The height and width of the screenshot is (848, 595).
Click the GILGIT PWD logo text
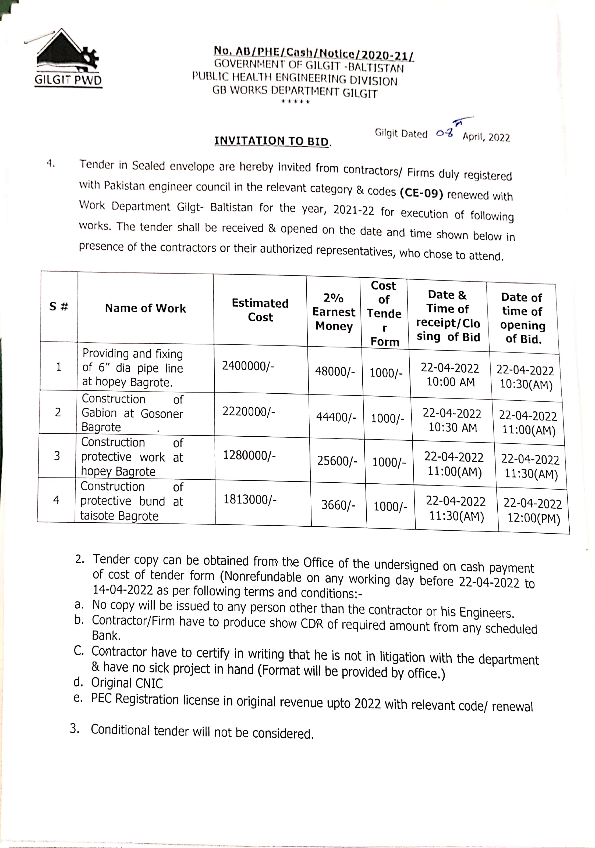[x=68, y=80]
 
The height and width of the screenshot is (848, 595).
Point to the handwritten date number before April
[x=444, y=133]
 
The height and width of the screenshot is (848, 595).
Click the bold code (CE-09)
[x=421, y=193]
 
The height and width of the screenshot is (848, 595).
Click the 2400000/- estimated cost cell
[x=248, y=366]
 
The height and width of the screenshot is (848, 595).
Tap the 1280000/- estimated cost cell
[x=249, y=456]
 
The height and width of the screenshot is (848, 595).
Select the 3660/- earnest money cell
[x=338, y=505]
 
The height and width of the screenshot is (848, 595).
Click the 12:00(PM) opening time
[x=534, y=518]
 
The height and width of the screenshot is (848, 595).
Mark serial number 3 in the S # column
[x=57, y=456]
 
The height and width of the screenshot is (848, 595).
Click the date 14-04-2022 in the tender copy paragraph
[x=123, y=590]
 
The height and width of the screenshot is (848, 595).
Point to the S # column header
[x=59, y=307]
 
